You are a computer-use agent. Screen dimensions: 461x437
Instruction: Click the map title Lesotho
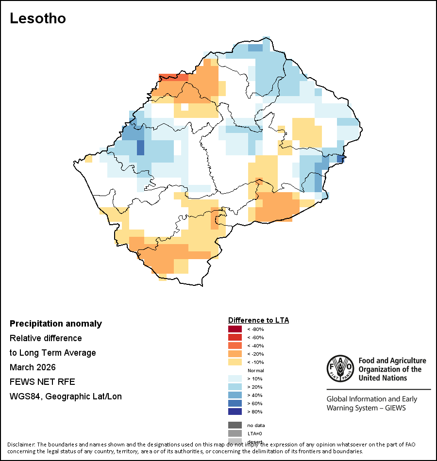coord(38,19)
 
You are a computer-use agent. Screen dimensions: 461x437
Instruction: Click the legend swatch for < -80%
coord(235,329)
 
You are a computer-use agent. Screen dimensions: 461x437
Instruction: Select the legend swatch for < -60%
coord(235,337)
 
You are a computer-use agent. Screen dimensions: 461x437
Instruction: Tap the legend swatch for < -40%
coord(235,346)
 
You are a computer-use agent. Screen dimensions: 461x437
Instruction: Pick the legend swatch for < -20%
coord(235,354)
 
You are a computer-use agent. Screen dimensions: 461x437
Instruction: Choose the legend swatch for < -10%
coord(235,362)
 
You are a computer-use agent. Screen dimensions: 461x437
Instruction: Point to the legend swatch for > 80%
coord(235,412)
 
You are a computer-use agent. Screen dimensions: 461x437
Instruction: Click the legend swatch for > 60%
coord(235,403)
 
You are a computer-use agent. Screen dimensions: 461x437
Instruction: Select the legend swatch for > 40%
coord(235,395)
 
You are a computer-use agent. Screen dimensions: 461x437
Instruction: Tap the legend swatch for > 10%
coord(235,379)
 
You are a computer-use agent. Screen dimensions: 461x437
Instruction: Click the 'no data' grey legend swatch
coord(235,425)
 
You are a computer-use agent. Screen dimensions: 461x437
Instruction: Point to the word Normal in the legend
coord(255,370)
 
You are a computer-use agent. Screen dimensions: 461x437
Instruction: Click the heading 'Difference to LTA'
coord(258,320)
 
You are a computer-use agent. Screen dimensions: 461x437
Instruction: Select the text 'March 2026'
coord(33,367)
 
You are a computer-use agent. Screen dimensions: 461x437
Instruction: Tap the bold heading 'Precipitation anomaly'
coord(56,324)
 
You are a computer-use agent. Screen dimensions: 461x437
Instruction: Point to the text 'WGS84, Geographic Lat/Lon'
coord(66,396)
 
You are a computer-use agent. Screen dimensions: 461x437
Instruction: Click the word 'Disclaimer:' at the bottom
coord(20,445)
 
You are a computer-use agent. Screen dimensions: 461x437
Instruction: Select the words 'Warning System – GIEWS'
coord(366,408)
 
